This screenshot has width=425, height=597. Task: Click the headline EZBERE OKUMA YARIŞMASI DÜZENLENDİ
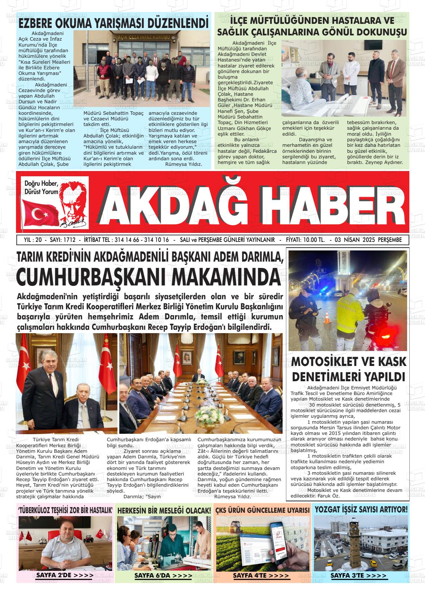[x=113, y=23]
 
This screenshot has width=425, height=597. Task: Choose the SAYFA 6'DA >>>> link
[x=164, y=575]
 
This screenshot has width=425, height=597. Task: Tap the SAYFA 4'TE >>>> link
[x=261, y=575]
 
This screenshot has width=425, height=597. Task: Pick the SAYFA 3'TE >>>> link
[x=359, y=575]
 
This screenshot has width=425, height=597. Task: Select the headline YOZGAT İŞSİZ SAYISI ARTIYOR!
[x=361, y=509]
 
